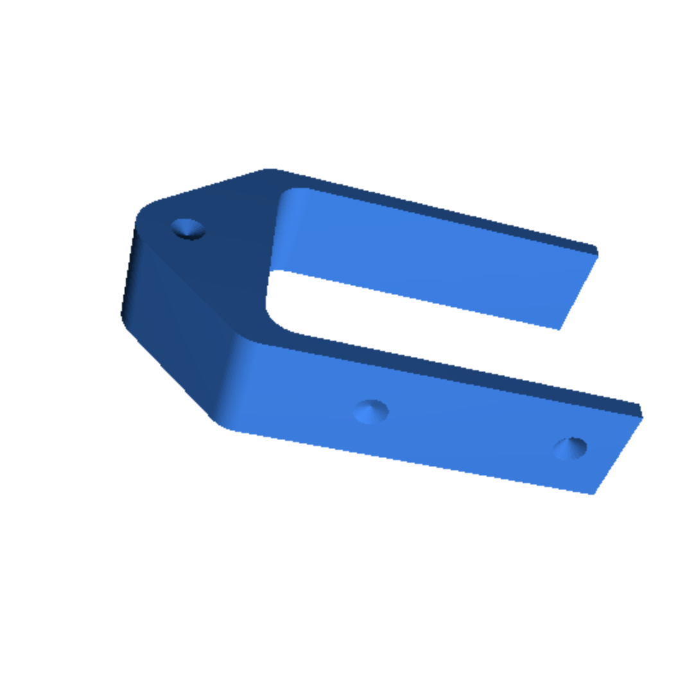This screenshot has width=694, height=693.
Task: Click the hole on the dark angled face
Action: (x=187, y=228)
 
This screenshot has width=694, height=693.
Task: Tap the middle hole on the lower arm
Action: (x=371, y=411)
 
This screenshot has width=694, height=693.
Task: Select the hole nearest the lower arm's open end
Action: (x=570, y=447)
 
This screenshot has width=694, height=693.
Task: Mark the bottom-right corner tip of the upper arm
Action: (x=559, y=329)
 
